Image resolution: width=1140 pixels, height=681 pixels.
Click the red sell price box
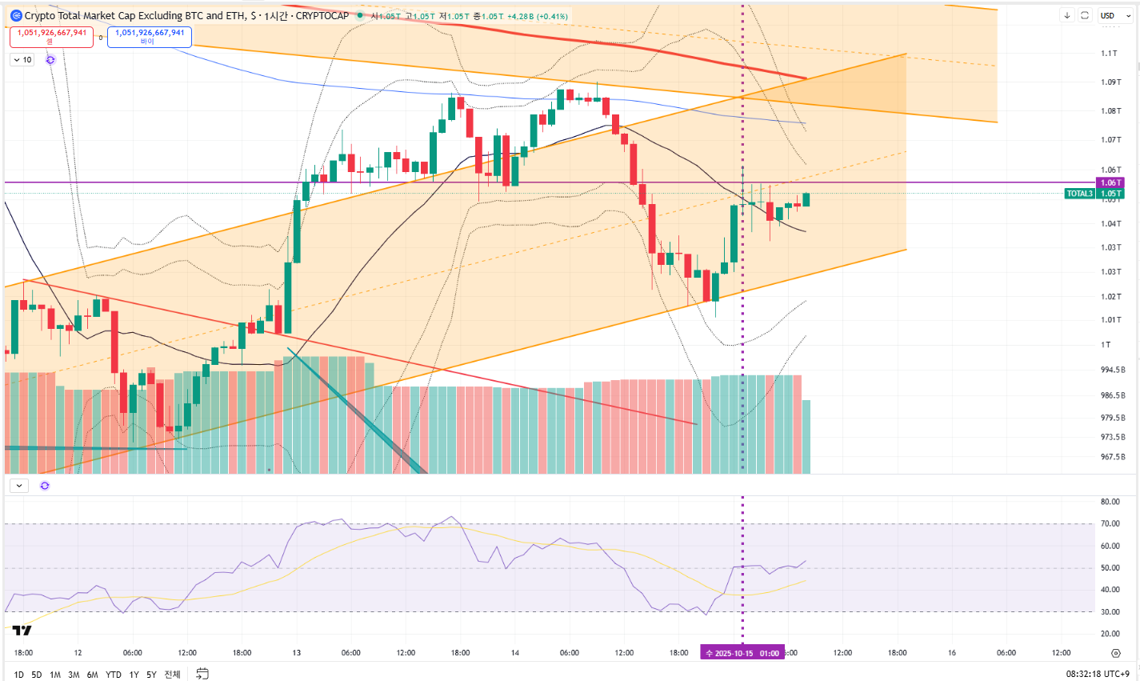(x=52, y=36)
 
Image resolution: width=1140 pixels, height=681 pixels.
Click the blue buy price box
(x=150, y=36)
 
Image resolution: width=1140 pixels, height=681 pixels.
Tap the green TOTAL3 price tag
(x=1079, y=194)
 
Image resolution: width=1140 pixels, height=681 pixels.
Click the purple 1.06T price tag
(x=1110, y=183)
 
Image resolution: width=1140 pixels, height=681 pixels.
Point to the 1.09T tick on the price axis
(x=1110, y=82)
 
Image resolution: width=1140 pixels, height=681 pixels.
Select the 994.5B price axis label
(x=1113, y=370)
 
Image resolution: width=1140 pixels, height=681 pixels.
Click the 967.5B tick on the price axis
(x=1113, y=458)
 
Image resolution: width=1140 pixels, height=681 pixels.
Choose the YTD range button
(x=114, y=675)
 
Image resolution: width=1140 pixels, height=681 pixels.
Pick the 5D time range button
(x=37, y=675)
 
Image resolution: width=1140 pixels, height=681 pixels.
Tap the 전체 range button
(x=172, y=675)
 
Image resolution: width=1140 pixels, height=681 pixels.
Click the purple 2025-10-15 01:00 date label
(x=742, y=653)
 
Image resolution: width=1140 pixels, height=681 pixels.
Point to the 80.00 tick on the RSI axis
(x=1110, y=503)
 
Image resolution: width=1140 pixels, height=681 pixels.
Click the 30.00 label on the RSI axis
(x=1110, y=612)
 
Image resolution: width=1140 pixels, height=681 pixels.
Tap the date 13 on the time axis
(x=296, y=653)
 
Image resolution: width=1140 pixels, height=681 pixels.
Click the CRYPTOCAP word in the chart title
(x=323, y=16)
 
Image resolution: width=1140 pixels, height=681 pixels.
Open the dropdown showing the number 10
(x=22, y=60)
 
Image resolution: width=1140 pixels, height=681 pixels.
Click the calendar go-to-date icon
(x=202, y=674)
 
